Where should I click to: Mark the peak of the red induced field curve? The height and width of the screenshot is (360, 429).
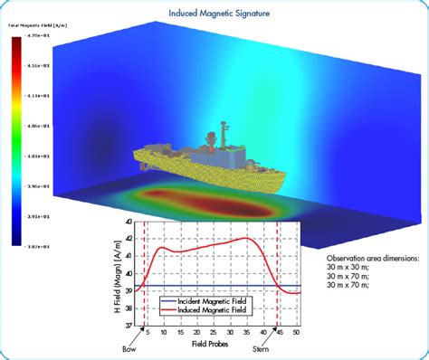click(246, 238)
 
